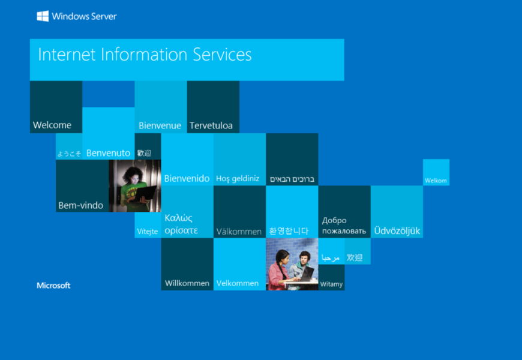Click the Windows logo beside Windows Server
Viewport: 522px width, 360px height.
coord(43,16)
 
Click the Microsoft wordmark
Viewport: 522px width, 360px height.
coord(53,286)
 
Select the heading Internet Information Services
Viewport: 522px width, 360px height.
coord(145,54)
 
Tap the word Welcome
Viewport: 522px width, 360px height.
coord(52,125)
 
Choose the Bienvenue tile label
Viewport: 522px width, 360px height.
coord(160,125)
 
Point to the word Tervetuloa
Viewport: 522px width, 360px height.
coord(211,125)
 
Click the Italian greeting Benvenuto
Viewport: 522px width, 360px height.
coord(108,153)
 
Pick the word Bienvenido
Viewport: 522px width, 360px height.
coord(187,179)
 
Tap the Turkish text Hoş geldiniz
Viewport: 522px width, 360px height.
coord(238,179)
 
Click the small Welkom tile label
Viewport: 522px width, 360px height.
coord(436,181)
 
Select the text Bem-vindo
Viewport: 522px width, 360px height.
coord(81,205)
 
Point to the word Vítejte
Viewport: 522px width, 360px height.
coord(148,231)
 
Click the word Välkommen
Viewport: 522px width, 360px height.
coord(239,232)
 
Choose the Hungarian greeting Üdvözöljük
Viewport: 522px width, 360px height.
coord(397,230)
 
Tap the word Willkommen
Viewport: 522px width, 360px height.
coord(187,283)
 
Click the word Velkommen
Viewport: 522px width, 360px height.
coord(238,283)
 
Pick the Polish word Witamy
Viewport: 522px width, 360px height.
coord(331,284)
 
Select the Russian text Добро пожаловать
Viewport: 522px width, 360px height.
coord(344,226)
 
